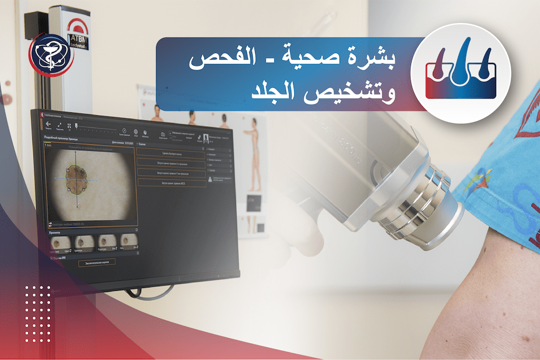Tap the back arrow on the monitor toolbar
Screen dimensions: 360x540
coord(49,124)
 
